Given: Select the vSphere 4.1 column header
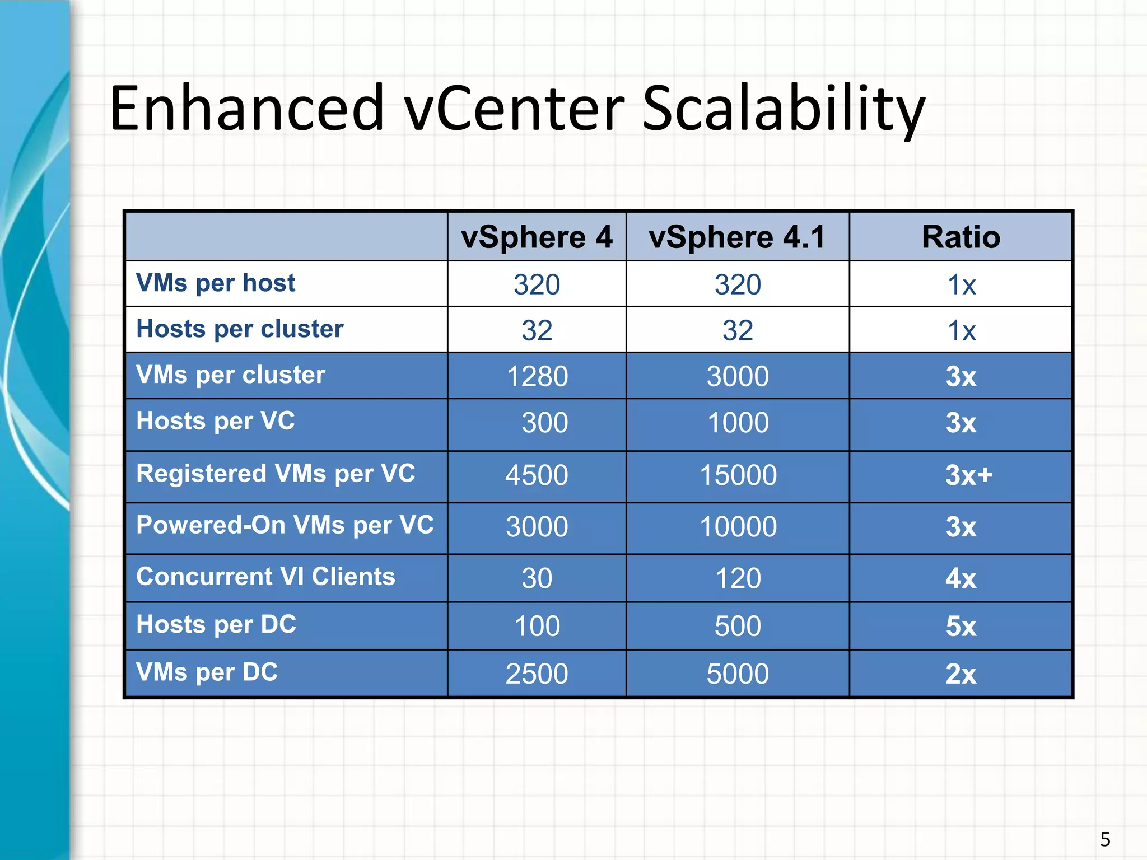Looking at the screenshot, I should [737, 237].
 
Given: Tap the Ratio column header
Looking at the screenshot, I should [961, 237].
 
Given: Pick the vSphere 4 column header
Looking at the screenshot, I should [537, 237].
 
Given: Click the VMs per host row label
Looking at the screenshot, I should [216, 283].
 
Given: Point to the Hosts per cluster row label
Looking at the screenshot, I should [240, 329].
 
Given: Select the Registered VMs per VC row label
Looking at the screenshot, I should [276, 474].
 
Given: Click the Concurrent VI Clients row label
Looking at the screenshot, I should [265, 577].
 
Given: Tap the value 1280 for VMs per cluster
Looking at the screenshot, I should [537, 376].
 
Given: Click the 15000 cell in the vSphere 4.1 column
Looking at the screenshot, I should [738, 475].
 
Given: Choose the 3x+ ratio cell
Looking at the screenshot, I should [968, 475].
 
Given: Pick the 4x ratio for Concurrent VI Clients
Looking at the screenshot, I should [961, 578].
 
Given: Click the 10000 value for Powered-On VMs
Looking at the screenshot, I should [738, 527].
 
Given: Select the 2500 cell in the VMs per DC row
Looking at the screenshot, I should [537, 674].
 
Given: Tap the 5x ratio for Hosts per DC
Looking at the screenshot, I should [961, 626].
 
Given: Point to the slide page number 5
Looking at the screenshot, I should [1105, 839].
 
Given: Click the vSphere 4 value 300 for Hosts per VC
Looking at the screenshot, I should [544, 423].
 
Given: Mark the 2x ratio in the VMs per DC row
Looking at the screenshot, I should [961, 674].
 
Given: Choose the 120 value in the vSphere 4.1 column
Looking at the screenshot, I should [738, 578].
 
